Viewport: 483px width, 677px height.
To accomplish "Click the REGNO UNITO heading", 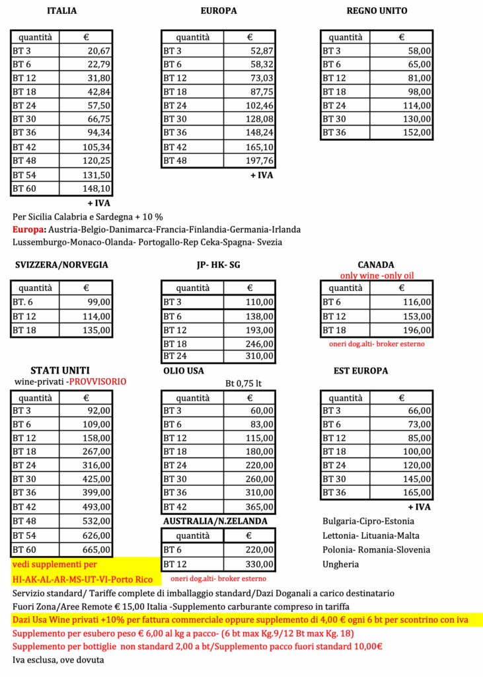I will pyautogui.click(x=377, y=11).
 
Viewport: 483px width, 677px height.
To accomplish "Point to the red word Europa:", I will pyautogui.click(x=28, y=229).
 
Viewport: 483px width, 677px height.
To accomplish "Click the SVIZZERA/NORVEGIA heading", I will pyautogui.click(x=61, y=265).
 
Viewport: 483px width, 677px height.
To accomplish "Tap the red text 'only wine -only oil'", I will pyautogui.click(x=376, y=276).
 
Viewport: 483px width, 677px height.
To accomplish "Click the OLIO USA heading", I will pyautogui.click(x=184, y=371).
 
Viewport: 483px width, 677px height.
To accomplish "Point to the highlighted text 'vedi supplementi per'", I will pyautogui.click(x=55, y=564).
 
